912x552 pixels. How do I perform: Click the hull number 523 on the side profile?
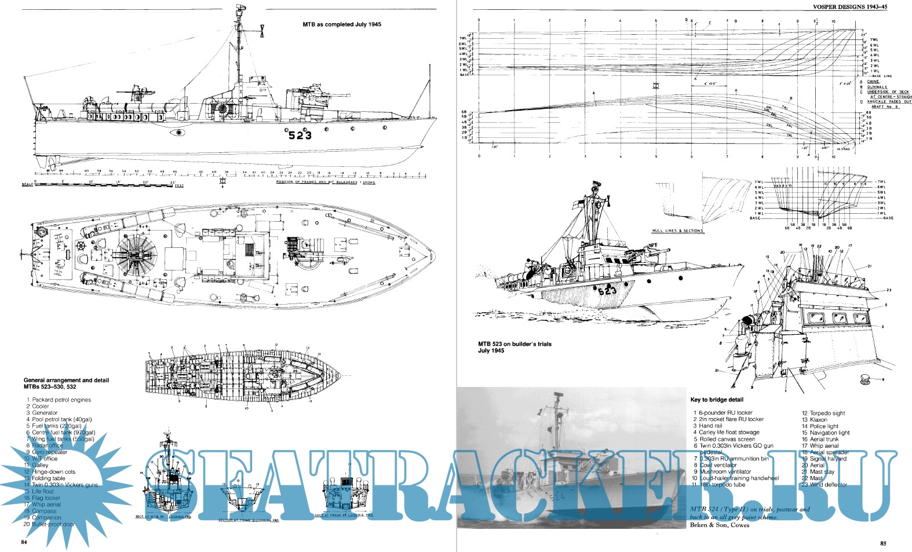(300, 135)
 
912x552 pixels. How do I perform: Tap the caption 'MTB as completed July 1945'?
(342, 25)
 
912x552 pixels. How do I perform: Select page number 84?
(24, 543)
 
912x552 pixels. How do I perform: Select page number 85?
(882, 543)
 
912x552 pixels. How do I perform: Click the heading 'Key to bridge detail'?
(717, 400)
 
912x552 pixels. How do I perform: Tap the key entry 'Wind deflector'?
(828, 485)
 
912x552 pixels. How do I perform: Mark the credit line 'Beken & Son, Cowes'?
(720, 525)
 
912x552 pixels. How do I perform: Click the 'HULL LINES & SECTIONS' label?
(677, 231)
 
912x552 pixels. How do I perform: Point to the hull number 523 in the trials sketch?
(607, 290)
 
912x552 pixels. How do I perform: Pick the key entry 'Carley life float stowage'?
(729, 432)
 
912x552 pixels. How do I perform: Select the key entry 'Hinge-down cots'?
(53, 471)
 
